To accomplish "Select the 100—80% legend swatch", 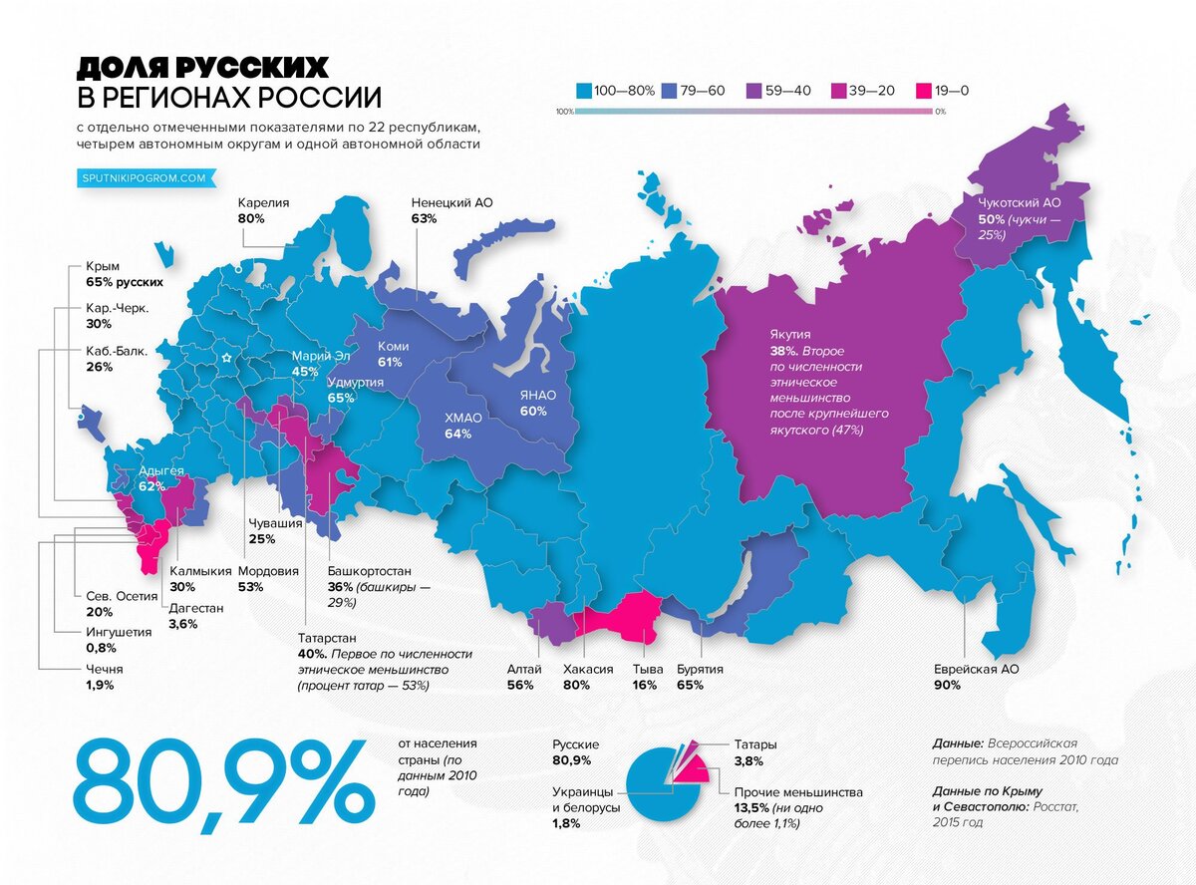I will (x=583, y=91).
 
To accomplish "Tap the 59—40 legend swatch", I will (x=754, y=91).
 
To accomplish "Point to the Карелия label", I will (x=263, y=202).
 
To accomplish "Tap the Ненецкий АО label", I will (x=451, y=202).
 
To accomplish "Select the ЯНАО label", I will (x=536, y=396).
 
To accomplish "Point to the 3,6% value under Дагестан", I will (x=183, y=624).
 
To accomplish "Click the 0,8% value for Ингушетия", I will (x=100, y=648).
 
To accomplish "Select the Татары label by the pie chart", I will (x=755, y=744).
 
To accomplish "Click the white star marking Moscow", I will (x=227, y=357).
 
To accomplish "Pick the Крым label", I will (x=103, y=267).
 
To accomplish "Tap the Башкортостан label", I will (x=370, y=572).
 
